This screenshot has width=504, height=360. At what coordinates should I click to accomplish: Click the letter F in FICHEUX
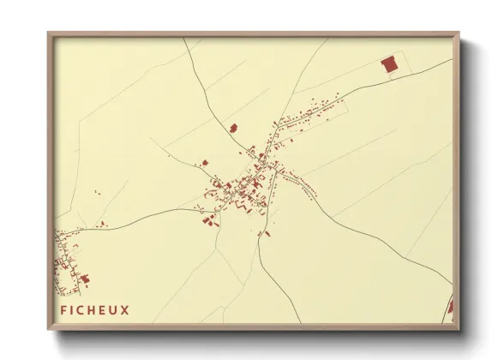[x=63, y=309]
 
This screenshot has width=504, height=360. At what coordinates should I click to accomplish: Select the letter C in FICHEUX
[x=82, y=309]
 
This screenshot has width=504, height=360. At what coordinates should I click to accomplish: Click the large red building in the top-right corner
[x=389, y=64]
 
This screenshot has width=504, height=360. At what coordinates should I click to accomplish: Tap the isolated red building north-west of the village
[x=232, y=128]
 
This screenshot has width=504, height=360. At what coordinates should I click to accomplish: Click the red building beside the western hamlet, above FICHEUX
[x=84, y=279]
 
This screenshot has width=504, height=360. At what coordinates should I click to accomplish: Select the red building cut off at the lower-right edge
[x=451, y=308]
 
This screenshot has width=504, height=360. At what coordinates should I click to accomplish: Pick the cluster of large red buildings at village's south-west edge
[x=208, y=219]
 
